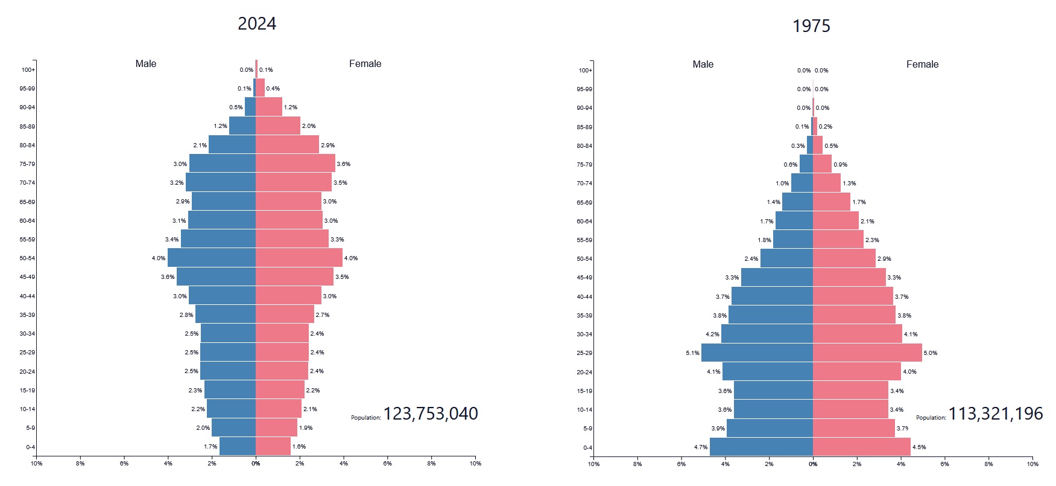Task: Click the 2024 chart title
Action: tap(257, 24)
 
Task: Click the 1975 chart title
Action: tap(811, 26)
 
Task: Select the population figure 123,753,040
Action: tap(431, 414)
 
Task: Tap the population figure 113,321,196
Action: tap(996, 414)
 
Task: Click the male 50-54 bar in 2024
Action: tap(212, 258)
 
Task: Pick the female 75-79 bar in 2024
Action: tap(296, 164)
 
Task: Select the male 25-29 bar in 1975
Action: tap(757, 353)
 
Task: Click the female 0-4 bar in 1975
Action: tap(861, 447)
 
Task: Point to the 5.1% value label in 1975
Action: tap(692, 353)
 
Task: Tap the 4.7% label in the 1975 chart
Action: tap(700, 447)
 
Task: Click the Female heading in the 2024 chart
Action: tap(365, 63)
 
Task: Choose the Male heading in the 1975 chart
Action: tap(703, 64)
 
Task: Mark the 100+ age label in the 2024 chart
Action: tap(28, 69)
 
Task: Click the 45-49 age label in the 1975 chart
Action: tap(584, 278)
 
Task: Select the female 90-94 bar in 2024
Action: tap(269, 107)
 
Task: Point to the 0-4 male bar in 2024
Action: tap(238, 446)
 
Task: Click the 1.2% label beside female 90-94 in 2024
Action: tap(291, 107)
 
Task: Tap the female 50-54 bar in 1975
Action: tap(844, 258)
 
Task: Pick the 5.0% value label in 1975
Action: tap(931, 353)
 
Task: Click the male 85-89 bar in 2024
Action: tap(242, 126)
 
